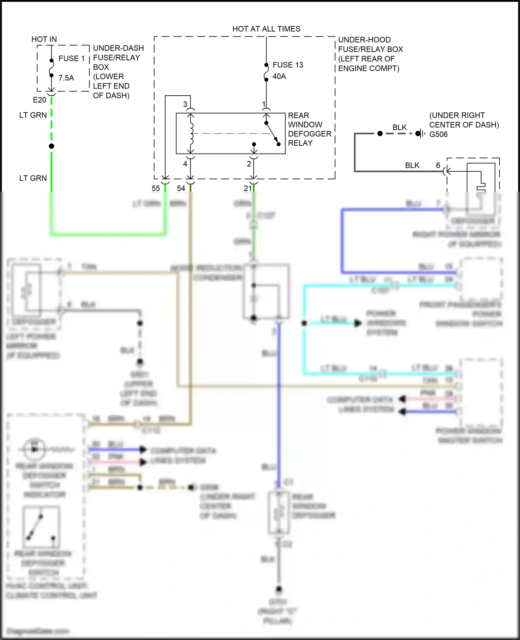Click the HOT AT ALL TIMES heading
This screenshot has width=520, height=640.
point(266,29)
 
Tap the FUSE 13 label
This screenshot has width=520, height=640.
point(288,65)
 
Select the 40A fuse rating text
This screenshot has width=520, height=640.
point(279,76)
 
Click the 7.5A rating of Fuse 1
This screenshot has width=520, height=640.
point(66,78)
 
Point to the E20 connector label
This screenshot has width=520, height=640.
point(40,100)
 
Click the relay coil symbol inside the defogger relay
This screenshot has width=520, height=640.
point(191,133)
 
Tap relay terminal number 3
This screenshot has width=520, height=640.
point(185,104)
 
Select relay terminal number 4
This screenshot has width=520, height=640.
point(185,164)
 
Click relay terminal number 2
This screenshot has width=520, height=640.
point(249,164)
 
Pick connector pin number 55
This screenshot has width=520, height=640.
point(156,188)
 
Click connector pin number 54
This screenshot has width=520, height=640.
point(181,188)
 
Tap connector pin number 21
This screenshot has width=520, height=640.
point(248,188)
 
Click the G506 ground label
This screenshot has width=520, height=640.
point(439,134)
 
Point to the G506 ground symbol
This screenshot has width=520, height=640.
point(421,133)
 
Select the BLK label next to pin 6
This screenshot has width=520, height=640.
point(412,165)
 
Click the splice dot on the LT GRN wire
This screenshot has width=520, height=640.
point(52,146)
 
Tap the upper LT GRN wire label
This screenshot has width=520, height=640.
point(33,115)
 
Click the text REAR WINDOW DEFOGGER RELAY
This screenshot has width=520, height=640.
point(309,129)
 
